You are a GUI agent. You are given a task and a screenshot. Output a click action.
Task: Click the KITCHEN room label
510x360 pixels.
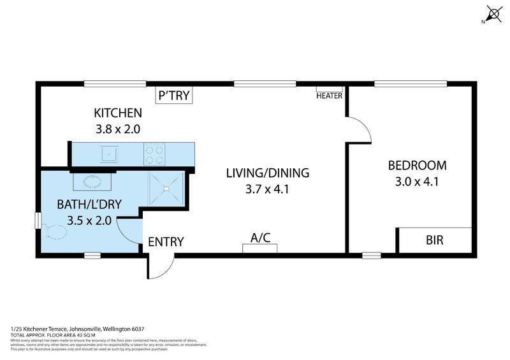tap(118, 113)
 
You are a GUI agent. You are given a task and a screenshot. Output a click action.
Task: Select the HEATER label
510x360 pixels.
tap(330, 96)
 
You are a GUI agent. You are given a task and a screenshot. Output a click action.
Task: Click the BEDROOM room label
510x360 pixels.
tap(418, 165)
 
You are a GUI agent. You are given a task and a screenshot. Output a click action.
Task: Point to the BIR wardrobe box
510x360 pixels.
tap(434, 241)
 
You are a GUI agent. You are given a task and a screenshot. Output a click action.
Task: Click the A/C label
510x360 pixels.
tap(260, 238)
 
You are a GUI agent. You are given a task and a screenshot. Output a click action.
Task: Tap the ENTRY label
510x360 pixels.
tap(166, 241)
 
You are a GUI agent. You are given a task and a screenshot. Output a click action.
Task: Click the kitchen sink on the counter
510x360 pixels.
tap(110, 153)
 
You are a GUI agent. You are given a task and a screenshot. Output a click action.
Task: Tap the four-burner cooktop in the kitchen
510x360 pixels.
tap(154, 153)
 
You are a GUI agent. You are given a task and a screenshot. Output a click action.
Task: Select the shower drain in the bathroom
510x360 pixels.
tap(166, 188)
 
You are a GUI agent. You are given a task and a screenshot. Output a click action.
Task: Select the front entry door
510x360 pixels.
tap(159, 266)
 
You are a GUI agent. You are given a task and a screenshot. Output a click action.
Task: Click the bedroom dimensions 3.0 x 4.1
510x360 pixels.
tap(418, 180)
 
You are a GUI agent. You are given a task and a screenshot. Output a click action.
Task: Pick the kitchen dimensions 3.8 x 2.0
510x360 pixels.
tap(117, 129)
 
